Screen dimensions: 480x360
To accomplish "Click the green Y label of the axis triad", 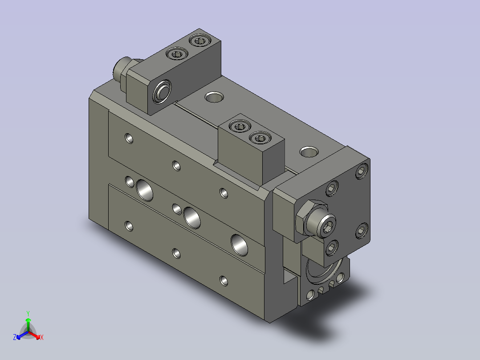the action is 28,313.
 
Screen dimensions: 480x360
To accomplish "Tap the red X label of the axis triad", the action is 42,337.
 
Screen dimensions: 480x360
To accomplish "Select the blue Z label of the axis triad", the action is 15,337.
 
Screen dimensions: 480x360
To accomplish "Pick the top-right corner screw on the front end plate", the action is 362,171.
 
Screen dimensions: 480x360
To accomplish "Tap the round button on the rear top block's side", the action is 162,91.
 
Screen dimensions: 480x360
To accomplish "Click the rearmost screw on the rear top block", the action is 200,40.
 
